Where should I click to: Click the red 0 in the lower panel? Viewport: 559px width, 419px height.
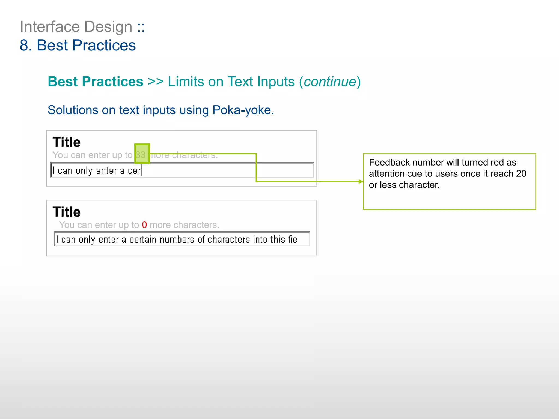coord(144,225)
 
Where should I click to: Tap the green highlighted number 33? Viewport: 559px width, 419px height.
coord(141,155)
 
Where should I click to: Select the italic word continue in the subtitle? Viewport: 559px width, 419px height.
coord(330,82)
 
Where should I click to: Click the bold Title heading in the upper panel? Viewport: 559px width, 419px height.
coord(67,142)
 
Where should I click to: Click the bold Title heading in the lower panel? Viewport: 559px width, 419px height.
coord(67,212)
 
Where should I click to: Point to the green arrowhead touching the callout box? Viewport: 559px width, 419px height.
coord(361,181)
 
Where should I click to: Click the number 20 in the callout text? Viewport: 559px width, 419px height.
coord(521,173)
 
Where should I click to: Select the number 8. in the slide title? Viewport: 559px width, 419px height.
coord(26,45)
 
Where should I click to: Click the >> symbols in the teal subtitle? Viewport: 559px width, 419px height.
coord(156,82)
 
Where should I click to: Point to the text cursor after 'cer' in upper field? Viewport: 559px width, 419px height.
coord(141,170)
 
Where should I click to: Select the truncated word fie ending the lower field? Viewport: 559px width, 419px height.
coord(292,240)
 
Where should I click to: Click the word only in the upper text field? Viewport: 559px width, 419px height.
coord(84,171)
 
